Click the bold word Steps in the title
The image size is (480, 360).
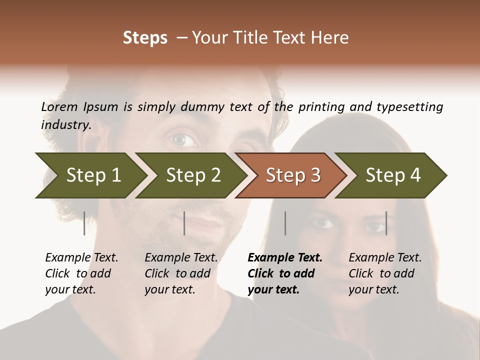pos(145,38)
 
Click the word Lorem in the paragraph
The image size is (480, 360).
pos(59,106)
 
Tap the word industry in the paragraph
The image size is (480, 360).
pos(65,124)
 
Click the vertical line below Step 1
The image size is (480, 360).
pos(84,223)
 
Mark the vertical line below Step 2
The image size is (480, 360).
pos(184,223)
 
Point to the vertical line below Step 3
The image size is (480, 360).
pos(285,223)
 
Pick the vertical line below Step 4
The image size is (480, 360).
pos(386,223)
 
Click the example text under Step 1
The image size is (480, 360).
pos(81,273)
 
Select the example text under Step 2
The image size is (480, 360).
pos(181,273)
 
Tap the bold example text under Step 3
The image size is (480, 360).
pos(284,273)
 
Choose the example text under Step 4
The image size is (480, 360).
pos(385,273)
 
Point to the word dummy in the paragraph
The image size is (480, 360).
pos(203,106)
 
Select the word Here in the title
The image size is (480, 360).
pos(331,38)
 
